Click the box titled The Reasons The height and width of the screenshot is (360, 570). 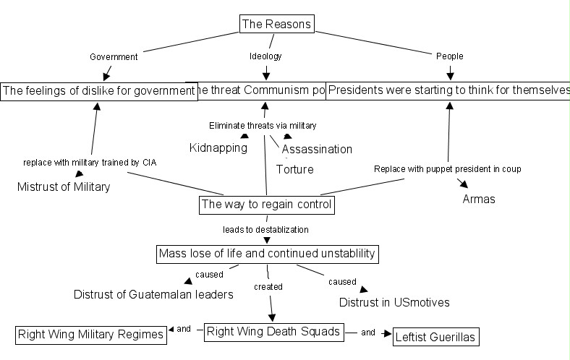point(276,24)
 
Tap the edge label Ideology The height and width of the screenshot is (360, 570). point(266,56)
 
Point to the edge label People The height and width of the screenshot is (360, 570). point(450,56)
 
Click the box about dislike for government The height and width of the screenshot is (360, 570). point(98,90)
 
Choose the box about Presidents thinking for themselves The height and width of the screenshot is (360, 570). point(448,90)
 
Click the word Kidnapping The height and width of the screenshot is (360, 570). point(218,148)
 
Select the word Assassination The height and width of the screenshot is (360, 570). point(317,150)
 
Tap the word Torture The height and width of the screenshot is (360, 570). point(295,169)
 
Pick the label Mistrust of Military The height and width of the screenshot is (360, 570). point(64,187)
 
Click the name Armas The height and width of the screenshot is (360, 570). point(479,199)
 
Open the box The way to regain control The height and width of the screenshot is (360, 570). point(266,205)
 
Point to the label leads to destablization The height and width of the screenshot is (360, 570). point(265,230)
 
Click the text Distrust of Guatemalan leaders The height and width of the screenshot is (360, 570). point(153,294)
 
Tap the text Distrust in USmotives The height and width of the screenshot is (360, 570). point(394,302)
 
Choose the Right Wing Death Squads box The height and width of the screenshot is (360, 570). point(273,332)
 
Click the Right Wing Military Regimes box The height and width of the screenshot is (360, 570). point(90,335)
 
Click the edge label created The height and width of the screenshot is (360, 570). point(268,287)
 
